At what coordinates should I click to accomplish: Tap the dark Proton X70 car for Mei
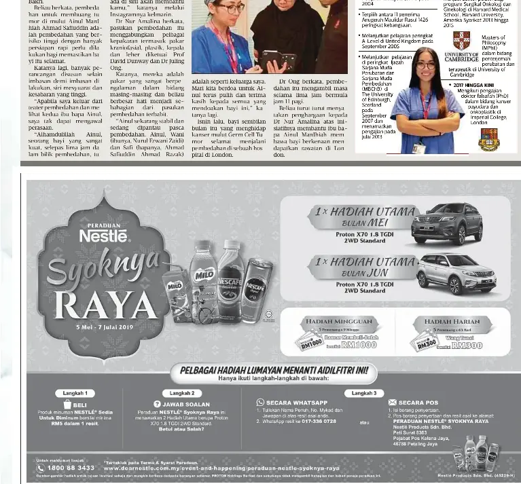446,222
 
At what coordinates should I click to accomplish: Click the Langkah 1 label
75,393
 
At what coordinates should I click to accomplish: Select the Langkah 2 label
182,393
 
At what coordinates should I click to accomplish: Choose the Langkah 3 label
364,393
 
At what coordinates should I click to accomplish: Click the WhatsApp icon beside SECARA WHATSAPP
260,403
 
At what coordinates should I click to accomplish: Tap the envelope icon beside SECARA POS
393,403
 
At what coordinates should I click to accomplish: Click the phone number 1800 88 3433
71,468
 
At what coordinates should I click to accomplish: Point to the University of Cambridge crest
461,40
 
